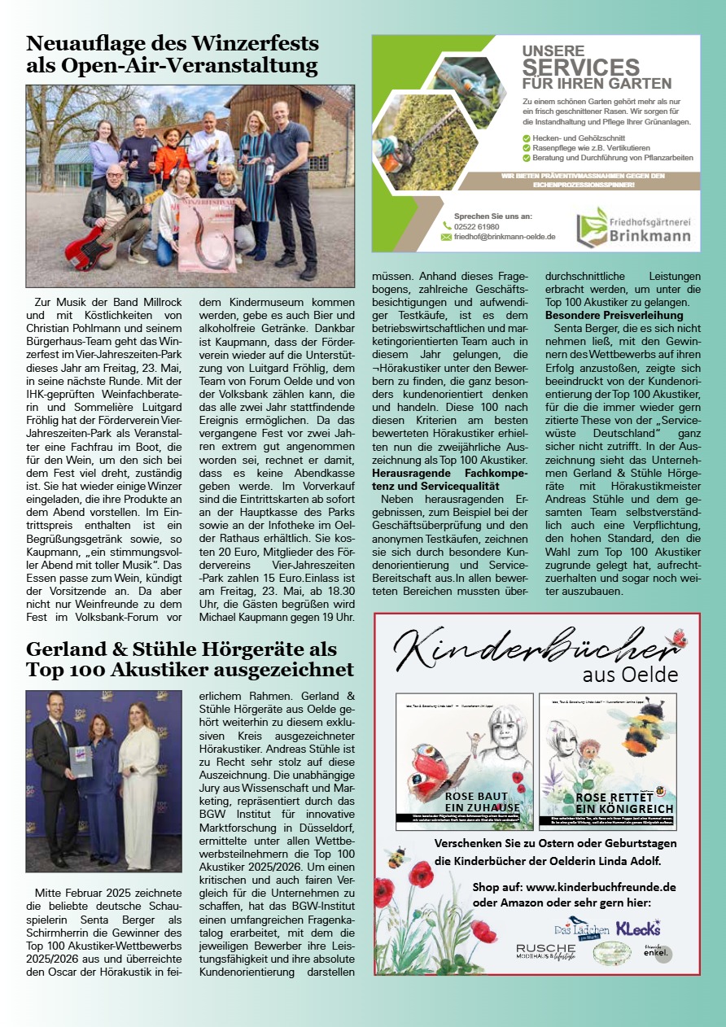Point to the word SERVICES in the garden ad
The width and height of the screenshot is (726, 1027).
point(580,68)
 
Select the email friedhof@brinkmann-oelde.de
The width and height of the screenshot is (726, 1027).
point(505,237)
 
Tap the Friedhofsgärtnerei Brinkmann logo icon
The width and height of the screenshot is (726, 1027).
point(590,227)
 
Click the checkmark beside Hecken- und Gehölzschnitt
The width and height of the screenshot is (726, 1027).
point(527,138)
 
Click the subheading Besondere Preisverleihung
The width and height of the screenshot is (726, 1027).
point(614,315)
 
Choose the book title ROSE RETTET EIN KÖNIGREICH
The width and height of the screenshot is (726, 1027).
point(623,802)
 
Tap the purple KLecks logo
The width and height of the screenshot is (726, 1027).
point(637,928)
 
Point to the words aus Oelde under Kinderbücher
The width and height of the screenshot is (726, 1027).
point(629,675)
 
